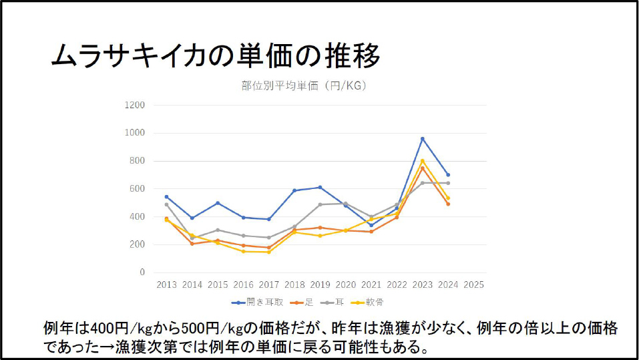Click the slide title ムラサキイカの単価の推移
coord(215,56)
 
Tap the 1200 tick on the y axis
coord(136,105)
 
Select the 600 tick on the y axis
coord(138,189)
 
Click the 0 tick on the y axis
coord(142,273)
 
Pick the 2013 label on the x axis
coord(167,285)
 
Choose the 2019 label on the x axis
coord(320,285)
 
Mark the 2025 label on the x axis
coord(473,285)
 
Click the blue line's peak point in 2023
coord(422,138)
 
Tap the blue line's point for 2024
coord(447,175)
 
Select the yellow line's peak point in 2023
coord(422,160)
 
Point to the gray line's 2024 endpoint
coord(447,183)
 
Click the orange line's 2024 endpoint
coord(447,204)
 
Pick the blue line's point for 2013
coord(167,197)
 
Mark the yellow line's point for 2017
coord(269,252)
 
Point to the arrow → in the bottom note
coord(109,347)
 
